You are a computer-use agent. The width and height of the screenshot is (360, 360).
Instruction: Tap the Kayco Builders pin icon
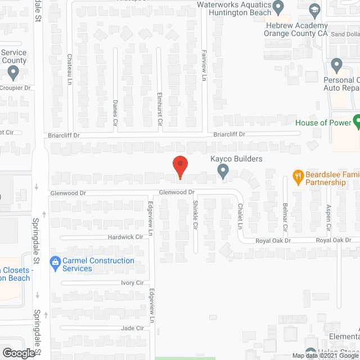(223, 171)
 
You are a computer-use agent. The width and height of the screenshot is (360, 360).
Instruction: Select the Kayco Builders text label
(236, 159)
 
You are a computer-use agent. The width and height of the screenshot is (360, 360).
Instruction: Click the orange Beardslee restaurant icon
(298, 175)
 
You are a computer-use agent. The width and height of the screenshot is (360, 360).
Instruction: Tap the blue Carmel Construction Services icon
(55, 262)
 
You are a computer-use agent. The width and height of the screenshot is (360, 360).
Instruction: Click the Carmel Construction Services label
(98, 264)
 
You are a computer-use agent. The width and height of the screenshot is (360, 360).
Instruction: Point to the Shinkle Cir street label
(195, 212)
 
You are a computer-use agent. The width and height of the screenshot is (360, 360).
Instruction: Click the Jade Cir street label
(132, 328)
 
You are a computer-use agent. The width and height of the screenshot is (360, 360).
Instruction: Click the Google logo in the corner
(18, 353)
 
